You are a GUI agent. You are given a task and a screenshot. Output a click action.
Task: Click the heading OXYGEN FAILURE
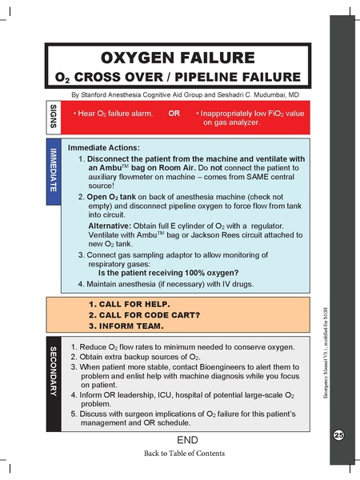(178, 58)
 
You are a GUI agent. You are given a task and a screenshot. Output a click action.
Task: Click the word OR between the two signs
(174, 114)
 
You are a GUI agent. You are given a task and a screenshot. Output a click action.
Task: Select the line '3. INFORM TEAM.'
(128, 326)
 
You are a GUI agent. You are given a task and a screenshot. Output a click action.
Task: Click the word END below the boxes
(184, 441)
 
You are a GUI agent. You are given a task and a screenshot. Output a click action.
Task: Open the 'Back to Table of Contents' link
(184, 454)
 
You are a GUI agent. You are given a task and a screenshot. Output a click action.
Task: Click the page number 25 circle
(338, 434)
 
